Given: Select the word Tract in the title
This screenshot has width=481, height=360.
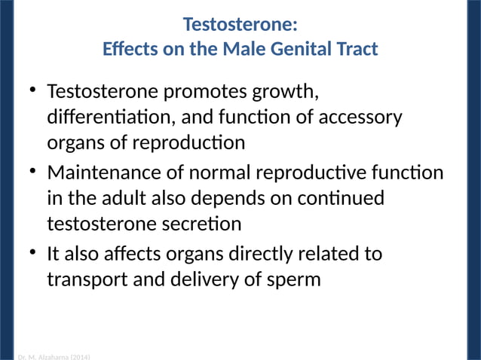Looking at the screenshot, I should click(x=357, y=50).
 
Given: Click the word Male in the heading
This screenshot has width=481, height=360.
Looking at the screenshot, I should click(x=241, y=50).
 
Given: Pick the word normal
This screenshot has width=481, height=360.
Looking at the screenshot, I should click(x=217, y=172).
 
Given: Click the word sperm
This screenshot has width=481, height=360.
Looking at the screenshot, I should click(x=294, y=279).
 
